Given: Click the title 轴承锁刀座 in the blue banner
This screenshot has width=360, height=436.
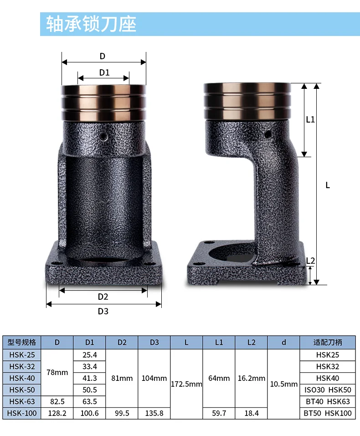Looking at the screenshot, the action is point(91,24).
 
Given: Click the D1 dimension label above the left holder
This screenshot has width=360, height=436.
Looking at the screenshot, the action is point(104,72).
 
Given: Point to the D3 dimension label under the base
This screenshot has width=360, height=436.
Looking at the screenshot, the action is point(103,311).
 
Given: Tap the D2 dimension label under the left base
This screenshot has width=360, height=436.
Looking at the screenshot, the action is point(103,297).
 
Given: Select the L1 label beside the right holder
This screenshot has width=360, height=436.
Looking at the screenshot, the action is point(310,119).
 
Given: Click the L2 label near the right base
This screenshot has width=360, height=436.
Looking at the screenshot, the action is point(310,261).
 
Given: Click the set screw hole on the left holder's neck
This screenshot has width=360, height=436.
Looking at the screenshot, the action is point(104,136).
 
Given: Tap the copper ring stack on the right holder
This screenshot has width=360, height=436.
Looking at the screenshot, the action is point(247,101).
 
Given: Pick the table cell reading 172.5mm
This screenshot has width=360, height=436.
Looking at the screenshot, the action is point(186,384).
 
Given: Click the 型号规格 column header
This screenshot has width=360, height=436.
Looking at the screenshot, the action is point(22,342).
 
